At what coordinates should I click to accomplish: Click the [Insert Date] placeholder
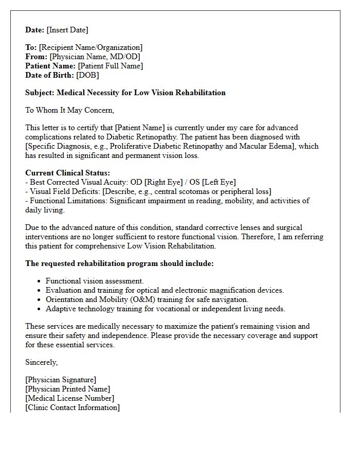[x=67, y=30]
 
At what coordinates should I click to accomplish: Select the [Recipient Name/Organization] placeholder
[x=91, y=47]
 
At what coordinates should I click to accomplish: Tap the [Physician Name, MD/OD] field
[x=95, y=57]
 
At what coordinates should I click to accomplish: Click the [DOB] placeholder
[x=87, y=75]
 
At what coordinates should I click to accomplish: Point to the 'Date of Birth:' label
[x=49, y=75]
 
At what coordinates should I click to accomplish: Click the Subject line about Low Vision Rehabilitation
[x=125, y=93]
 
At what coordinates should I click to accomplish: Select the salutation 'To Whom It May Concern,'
[x=69, y=110]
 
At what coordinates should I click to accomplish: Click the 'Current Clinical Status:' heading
[x=67, y=173]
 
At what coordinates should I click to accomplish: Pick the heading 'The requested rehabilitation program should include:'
[x=119, y=263]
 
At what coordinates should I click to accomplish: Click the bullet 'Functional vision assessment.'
[x=95, y=281]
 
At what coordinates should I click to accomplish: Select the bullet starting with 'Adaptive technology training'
[x=165, y=309]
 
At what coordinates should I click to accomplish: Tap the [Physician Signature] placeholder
[x=61, y=380]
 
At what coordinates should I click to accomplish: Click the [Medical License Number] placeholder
[x=69, y=398]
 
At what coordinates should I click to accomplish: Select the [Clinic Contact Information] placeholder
[x=73, y=407]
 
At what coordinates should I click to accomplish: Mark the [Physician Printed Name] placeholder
[x=67, y=389]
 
